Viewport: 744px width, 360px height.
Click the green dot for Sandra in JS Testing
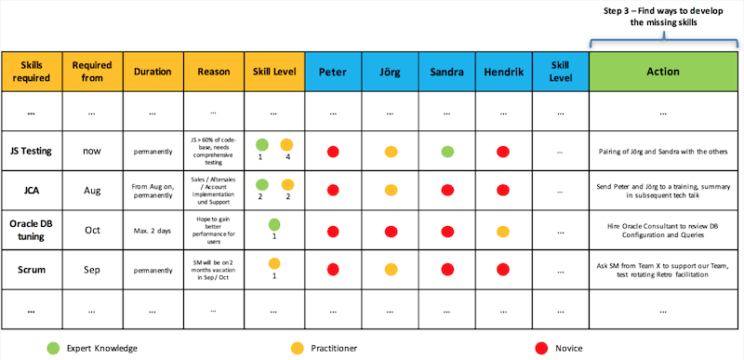[447, 150]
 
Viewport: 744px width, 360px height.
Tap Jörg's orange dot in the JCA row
[392, 190]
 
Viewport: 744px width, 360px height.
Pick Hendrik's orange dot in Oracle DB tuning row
[503, 230]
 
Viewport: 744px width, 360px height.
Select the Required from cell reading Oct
[91, 230]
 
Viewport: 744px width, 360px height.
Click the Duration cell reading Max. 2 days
[152, 230]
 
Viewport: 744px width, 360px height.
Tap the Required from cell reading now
[91, 149]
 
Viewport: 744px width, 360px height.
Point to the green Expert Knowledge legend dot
[53, 347]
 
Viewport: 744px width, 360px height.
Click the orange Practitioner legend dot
[296, 347]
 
